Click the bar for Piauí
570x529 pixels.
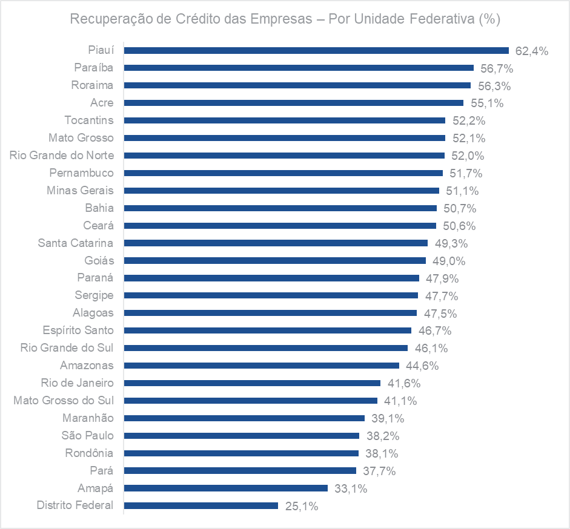click(x=316, y=50)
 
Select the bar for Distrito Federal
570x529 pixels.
click(x=200, y=505)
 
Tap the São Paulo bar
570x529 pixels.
click(x=241, y=435)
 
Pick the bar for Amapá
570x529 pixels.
click(x=225, y=488)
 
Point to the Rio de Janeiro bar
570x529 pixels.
click(x=251, y=383)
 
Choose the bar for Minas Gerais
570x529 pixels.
click(x=281, y=190)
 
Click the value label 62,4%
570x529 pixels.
click(x=532, y=51)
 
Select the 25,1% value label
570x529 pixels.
click(x=302, y=506)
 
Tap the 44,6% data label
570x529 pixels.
click(x=422, y=366)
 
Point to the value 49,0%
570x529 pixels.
click(x=449, y=261)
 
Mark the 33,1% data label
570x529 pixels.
click(x=351, y=488)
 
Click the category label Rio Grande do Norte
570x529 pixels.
click(x=62, y=156)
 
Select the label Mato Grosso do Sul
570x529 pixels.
click(x=64, y=400)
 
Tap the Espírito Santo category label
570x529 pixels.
click(x=78, y=330)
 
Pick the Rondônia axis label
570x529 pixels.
click(x=90, y=453)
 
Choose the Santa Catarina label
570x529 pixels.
click(x=76, y=243)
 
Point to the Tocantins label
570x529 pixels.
click(x=89, y=120)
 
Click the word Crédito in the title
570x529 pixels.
click(x=197, y=19)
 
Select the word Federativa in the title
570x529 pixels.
click(x=431, y=19)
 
